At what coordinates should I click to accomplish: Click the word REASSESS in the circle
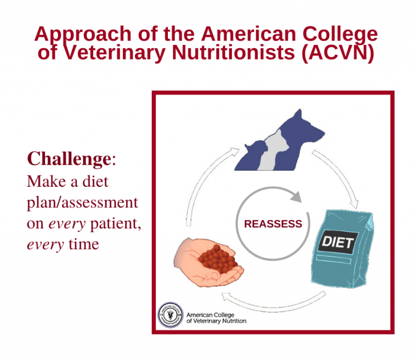point(273,224)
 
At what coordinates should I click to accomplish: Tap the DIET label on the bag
point(338,242)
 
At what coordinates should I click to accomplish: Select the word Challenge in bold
point(69,159)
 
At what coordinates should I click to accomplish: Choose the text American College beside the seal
point(210,315)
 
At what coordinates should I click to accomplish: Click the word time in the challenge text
point(83,244)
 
